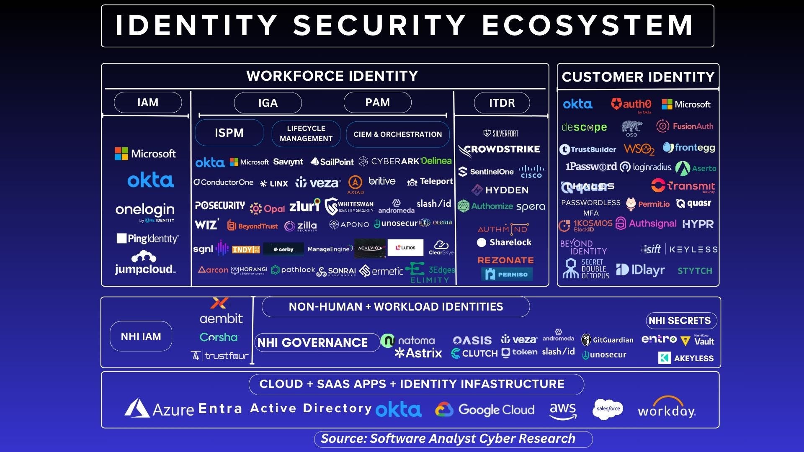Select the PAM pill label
coord(377,103)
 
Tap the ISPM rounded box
coord(229,133)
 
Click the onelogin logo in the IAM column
coord(145,211)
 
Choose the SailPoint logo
coord(332,162)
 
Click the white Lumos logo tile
coord(405,247)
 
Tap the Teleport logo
coord(430,182)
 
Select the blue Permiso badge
coord(507,274)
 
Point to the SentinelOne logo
coord(486,172)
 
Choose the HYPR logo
coord(698,224)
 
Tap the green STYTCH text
coord(695,271)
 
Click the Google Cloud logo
coord(485,409)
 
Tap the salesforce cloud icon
coord(608,408)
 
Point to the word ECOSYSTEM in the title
coord(587,26)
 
